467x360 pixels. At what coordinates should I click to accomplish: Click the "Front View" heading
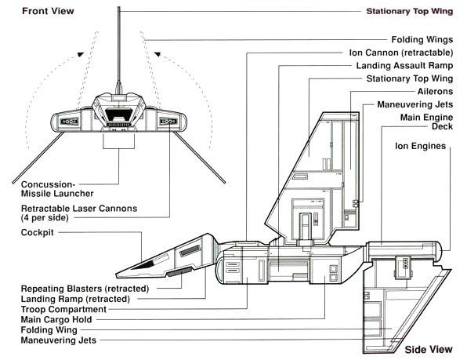[48, 11]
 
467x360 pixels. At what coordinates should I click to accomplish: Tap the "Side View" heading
[429, 349]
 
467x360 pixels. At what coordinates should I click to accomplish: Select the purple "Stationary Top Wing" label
[410, 11]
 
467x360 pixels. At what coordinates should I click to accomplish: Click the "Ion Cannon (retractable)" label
[401, 53]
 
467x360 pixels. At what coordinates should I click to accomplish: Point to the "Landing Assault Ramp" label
[404, 66]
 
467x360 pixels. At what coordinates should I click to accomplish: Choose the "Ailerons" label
[435, 92]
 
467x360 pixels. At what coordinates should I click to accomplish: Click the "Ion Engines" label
[420, 146]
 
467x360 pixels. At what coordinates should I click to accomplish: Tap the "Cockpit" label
[38, 232]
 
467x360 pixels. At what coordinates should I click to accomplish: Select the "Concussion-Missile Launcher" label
[57, 189]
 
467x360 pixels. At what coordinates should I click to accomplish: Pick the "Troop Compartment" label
[63, 309]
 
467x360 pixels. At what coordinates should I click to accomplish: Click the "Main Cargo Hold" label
[56, 320]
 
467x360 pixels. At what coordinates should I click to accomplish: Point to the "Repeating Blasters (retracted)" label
[85, 289]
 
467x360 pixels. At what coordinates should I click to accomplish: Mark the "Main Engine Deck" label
[426, 122]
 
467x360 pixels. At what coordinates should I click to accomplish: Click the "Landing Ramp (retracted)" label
[75, 299]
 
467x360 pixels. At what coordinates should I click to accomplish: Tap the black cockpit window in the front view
[119, 115]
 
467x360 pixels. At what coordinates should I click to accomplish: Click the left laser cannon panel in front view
[70, 122]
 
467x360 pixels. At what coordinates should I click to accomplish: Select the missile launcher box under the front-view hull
[119, 140]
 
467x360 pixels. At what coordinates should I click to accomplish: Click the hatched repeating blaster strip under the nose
[179, 272]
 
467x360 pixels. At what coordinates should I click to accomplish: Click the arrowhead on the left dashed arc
[80, 54]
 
